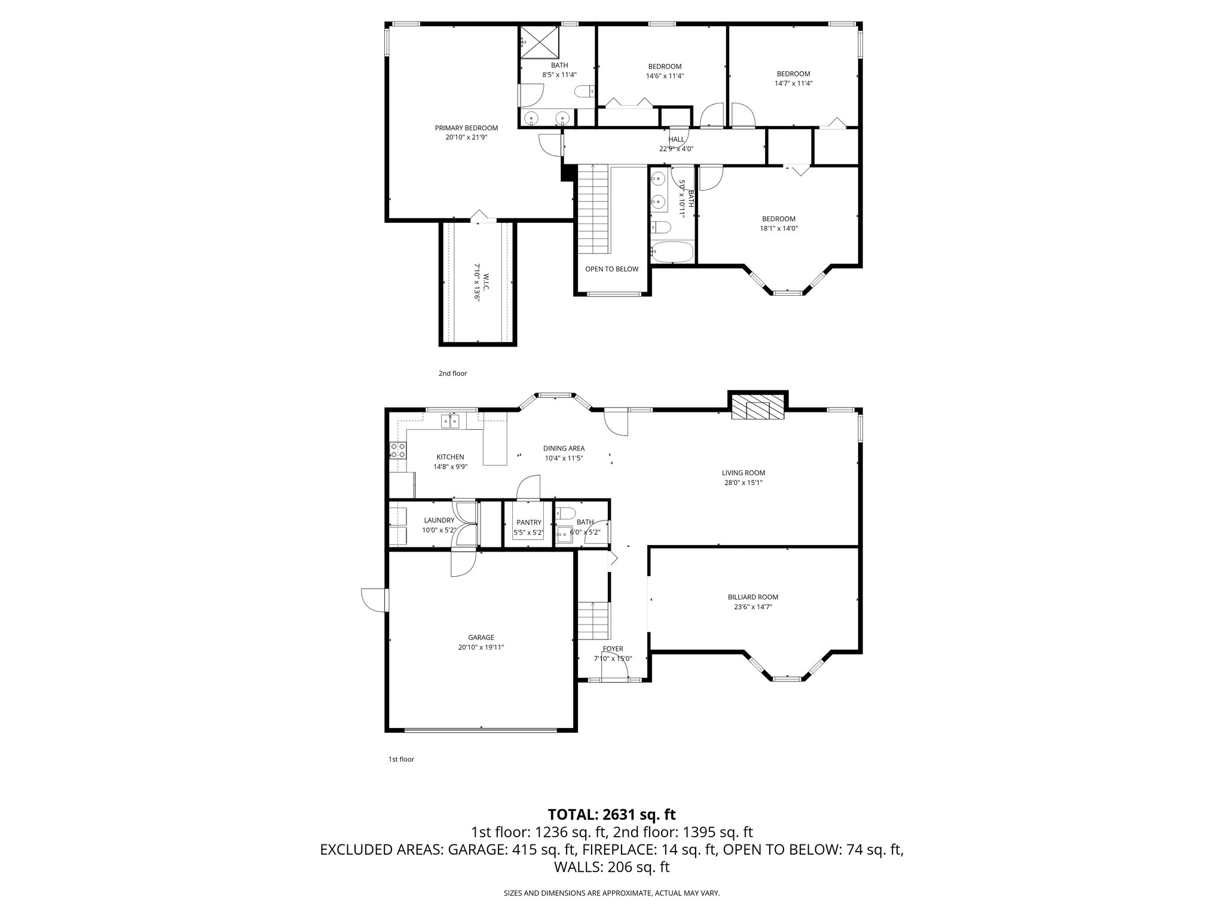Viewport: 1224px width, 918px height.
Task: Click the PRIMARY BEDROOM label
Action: (466, 128)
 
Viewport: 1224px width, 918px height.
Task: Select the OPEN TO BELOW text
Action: (611, 269)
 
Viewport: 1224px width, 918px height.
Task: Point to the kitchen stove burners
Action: (397, 450)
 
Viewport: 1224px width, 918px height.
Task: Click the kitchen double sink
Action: (451, 422)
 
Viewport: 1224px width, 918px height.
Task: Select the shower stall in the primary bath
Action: (539, 42)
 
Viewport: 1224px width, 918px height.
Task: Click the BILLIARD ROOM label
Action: (752, 597)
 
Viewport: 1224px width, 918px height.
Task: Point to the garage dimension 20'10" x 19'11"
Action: (481, 647)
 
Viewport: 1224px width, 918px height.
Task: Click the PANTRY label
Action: (529, 522)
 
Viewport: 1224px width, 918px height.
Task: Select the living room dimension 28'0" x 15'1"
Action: (743, 482)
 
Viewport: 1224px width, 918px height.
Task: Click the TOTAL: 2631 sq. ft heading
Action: (611, 814)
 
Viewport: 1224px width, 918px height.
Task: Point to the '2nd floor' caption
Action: (452, 374)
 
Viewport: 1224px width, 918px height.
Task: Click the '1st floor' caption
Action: (401, 760)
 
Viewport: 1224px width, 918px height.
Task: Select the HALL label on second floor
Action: (677, 139)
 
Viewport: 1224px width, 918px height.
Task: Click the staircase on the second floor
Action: (593, 209)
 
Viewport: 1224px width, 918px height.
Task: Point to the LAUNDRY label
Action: (439, 521)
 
